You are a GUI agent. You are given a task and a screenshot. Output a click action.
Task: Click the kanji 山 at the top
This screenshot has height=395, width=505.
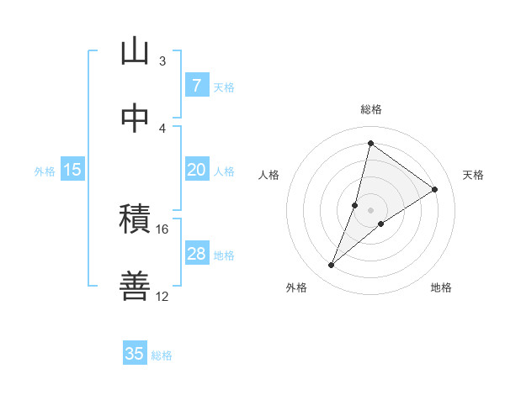tap(135, 52)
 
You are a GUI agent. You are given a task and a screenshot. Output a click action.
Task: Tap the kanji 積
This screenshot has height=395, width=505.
tap(135, 220)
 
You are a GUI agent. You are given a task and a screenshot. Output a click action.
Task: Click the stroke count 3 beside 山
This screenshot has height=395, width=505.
tap(162, 61)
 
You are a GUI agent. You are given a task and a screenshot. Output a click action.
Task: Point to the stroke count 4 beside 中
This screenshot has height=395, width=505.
tap(162, 128)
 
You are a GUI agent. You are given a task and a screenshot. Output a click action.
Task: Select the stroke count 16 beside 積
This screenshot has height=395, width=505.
tap(162, 229)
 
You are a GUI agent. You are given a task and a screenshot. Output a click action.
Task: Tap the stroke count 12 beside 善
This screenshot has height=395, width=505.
tap(162, 296)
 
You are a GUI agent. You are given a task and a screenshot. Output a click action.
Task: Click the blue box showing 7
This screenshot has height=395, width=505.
tap(196, 85)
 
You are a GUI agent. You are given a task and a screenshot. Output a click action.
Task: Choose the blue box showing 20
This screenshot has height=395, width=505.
tap(196, 170)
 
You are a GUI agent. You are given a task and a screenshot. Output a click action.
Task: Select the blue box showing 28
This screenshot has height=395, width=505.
tap(196, 254)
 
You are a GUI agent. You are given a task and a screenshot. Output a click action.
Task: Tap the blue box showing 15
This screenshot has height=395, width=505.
tap(72, 170)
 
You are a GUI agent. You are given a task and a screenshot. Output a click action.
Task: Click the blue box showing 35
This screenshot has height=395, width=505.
tap(135, 354)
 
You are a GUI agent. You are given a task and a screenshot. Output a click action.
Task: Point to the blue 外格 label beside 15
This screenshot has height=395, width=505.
tap(45, 171)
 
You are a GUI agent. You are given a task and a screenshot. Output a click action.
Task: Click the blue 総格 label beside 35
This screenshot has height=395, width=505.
tap(162, 355)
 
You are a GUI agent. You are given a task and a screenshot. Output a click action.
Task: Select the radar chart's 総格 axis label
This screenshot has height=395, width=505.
tap(370, 109)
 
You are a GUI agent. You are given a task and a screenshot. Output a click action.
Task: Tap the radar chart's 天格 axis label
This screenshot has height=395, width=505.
tap(473, 175)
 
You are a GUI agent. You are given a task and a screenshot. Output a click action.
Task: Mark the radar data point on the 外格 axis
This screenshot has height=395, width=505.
tap(332, 266)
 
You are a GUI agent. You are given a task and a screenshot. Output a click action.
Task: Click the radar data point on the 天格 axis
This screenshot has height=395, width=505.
tap(435, 189)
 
